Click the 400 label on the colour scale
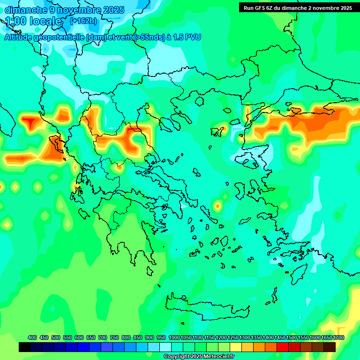click(x=32, y=337)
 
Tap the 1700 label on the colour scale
click(x=338, y=337)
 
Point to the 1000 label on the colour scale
click(x=174, y=337)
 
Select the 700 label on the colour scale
click(x=103, y=337)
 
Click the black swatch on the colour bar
click(x=25, y=347)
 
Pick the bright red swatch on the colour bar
click(x=282, y=347)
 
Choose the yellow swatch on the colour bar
click(x=236, y=347)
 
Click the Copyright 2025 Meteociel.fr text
click(x=199, y=357)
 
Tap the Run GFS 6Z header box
click(x=298, y=7)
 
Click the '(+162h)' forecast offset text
click(x=83, y=21)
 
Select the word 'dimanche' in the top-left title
click(x=25, y=10)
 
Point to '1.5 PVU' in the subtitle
click(x=187, y=37)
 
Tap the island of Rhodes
click(x=299, y=273)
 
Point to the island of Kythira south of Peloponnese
click(x=150, y=270)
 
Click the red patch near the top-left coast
click(x=31, y=123)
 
